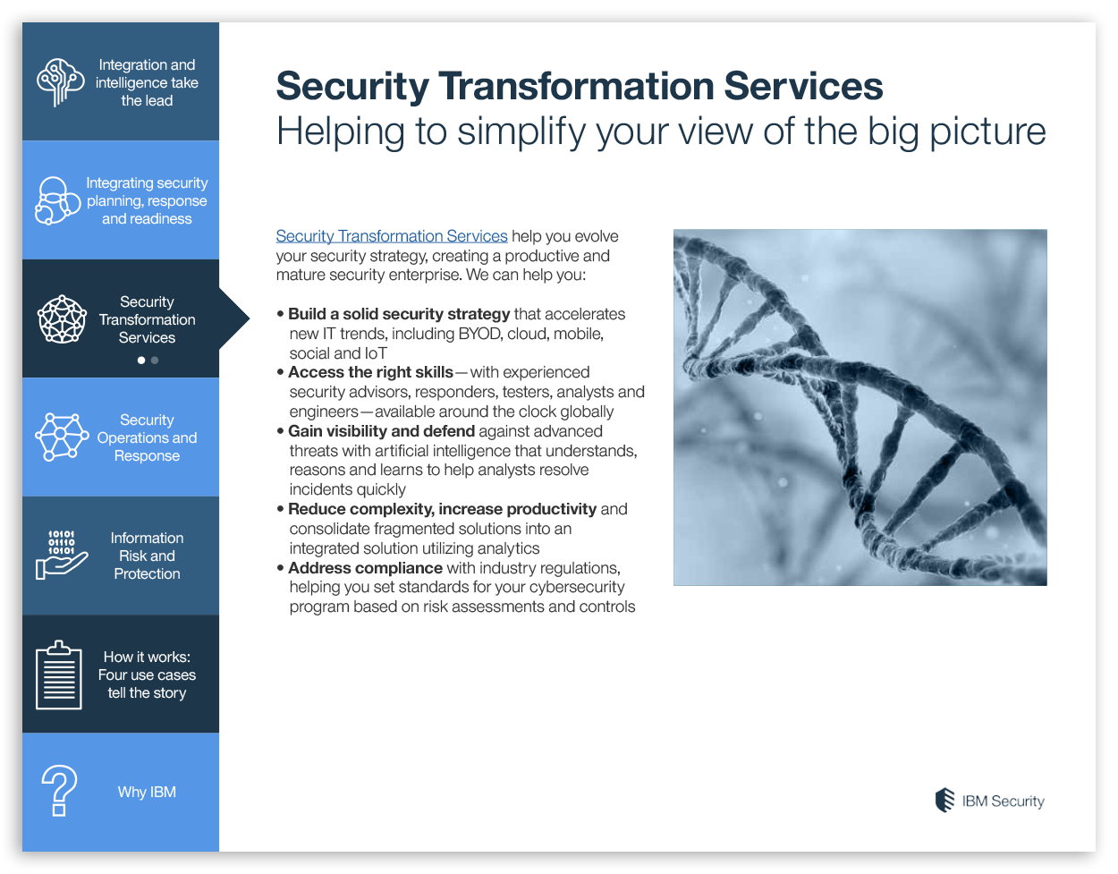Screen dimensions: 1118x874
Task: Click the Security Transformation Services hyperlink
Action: coord(392,236)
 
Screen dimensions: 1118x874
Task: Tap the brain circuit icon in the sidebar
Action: coord(60,81)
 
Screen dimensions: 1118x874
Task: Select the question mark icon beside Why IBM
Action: coord(59,791)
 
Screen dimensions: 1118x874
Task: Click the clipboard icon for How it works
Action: coord(59,675)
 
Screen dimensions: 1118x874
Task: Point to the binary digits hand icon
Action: coord(61,555)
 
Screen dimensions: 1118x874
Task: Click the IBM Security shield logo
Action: coord(944,801)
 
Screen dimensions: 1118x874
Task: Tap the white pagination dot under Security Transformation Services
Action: coord(141,361)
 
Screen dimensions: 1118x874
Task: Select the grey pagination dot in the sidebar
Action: coord(155,361)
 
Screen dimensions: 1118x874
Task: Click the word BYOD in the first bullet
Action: coord(479,334)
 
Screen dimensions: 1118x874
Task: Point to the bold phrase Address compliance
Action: coord(365,568)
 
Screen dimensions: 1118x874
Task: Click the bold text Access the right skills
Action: coord(370,372)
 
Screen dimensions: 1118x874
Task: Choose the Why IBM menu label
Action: coord(147,792)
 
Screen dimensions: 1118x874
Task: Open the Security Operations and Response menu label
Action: coord(147,437)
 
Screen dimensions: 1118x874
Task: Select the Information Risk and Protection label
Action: coord(147,556)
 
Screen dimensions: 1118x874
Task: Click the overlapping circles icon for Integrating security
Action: coord(57,200)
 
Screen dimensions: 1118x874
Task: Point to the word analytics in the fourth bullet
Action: coord(508,548)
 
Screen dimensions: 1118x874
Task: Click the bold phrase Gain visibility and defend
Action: coord(381,431)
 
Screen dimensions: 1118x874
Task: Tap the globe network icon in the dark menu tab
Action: coord(62,319)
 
